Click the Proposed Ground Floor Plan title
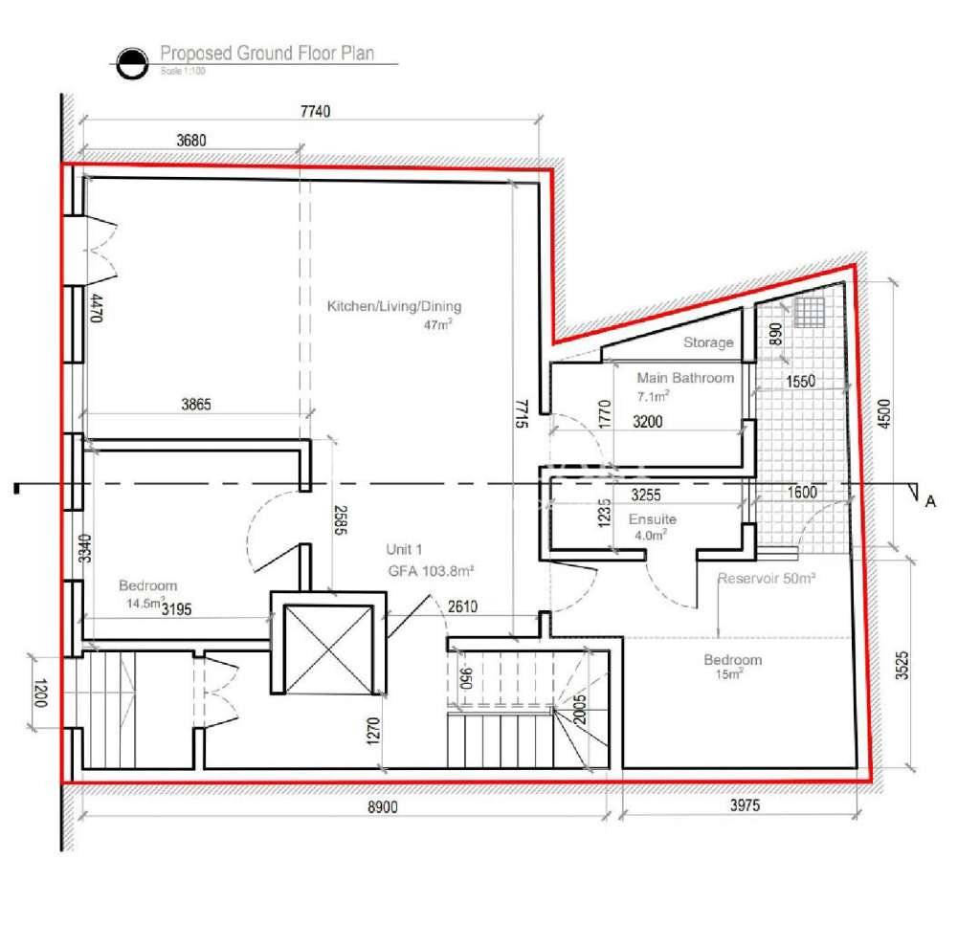pyautogui.click(x=266, y=54)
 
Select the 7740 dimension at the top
pyautogui.click(x=315, y=112)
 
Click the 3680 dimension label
pyautogui.click(x=191, y=141)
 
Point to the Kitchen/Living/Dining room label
pyautogui.click(x=394, y=307)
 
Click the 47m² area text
pyautogui.click(x=437, y=325)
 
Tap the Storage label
pyautogui.click(x=708, y=342)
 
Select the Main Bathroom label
pyautogui.click(x=685, y=378)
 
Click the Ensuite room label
pyautogui.click(x=652, y=519)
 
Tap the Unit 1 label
pyautogui.click(x=404, y=550)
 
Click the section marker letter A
pyautogui.click(x=929, y=498)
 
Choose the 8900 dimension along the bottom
pyautogui.click(x=383, y=806)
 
